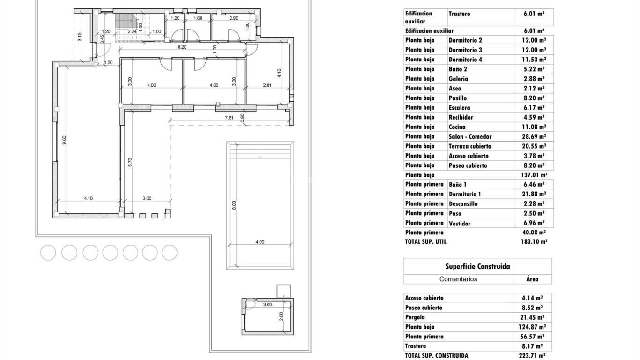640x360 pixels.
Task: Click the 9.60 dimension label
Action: (x=64, y=140)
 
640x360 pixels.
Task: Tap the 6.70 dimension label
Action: (x=130, y=162)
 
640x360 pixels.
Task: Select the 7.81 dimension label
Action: (x=229, y=118)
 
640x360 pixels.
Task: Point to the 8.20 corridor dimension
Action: (x=182, y=47)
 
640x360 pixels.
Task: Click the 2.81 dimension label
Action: (x=267, y=85)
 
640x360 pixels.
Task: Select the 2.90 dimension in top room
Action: (x=234, y=18)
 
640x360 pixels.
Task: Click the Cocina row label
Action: (x=458, y=127)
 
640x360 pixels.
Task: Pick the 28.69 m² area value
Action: (x=530, y=137)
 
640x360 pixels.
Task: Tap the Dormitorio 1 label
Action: (x=465, y=194)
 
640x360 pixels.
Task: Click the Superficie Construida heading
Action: (x=477, y=266)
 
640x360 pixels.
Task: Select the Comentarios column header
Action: (x=458, y=279)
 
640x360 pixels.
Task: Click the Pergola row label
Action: (x=416, y=317)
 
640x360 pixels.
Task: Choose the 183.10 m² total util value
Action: (x=530, y=242)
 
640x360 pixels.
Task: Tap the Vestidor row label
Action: (x=459, y=224)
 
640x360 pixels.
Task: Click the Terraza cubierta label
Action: (x=470, y=146)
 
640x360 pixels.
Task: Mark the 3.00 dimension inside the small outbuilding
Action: (x=267, y=305)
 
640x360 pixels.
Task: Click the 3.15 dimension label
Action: (x=80, y=37)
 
